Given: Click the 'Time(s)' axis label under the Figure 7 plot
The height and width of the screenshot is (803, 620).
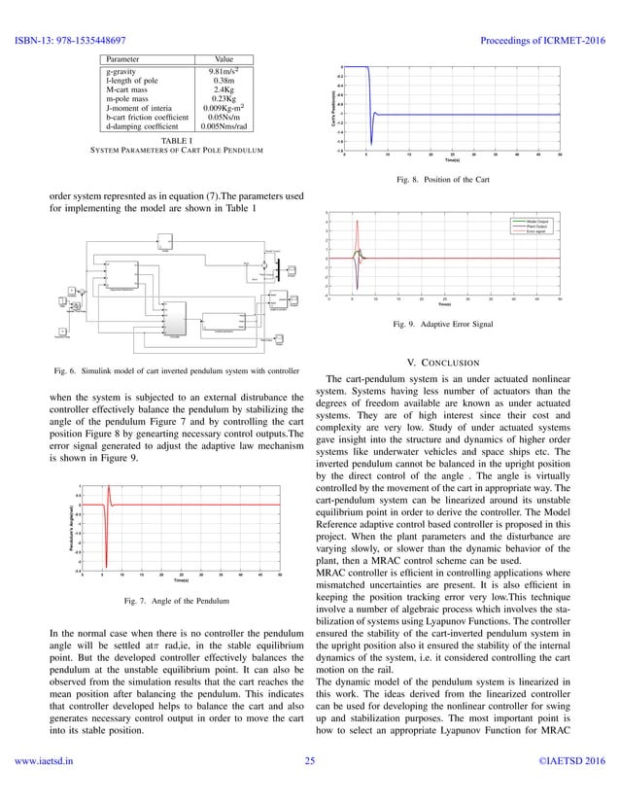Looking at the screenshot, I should click(181, 579).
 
